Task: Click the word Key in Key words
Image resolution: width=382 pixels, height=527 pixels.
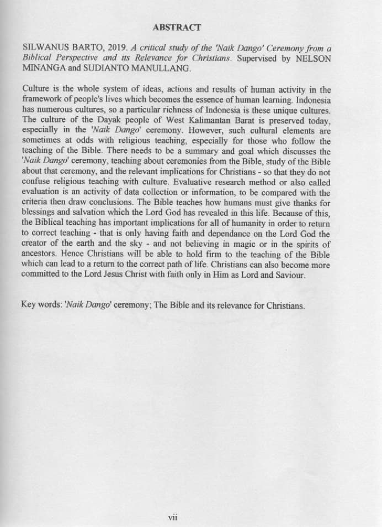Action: (29, 304)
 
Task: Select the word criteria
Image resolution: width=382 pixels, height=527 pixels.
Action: (37, 203)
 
